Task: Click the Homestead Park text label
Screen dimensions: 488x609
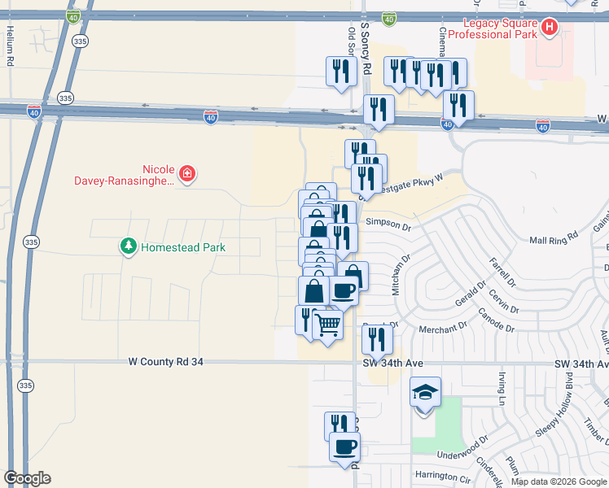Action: [x=182, y=246]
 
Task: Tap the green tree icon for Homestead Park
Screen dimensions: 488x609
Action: [x=128, y=246]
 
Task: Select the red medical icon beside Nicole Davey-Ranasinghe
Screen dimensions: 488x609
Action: [x=187, y=173]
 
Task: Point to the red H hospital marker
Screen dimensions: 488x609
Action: [x=550, y=28]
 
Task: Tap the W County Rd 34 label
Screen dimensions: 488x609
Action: [x=166, y=362]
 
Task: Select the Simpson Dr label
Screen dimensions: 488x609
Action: [x=389, y=222]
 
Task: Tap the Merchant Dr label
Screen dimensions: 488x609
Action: [x=442, y=329]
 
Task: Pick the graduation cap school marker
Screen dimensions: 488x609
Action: [x=425, y=394]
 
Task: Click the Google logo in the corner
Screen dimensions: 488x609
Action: [x=27, y=478]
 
